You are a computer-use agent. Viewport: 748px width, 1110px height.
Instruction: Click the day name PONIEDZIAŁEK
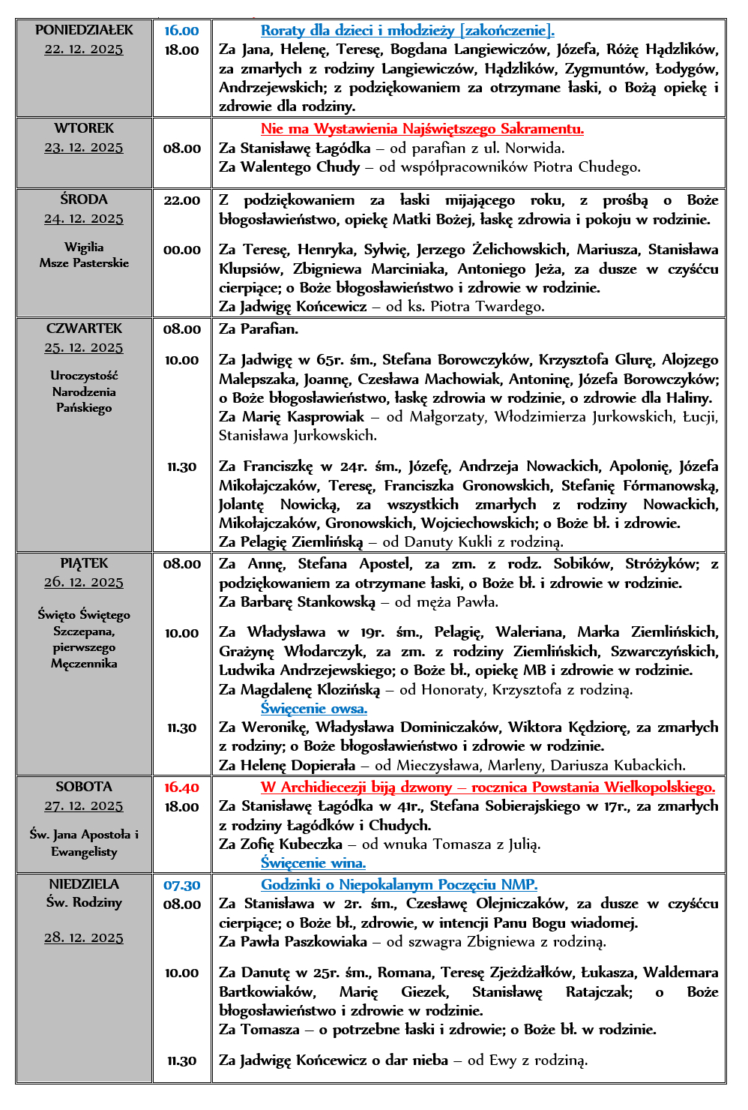point(84,30)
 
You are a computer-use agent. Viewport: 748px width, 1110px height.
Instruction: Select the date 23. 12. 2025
point(84,148)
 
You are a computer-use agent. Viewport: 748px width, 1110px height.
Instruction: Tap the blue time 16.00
point(181,31)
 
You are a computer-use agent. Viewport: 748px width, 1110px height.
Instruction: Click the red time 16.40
point(181,787)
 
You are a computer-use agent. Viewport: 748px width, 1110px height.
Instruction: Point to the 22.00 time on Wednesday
point(181,200)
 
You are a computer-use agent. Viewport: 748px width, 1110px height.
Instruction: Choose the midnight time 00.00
point(181,250)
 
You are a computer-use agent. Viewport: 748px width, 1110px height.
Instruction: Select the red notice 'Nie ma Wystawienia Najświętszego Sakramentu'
point(422,129)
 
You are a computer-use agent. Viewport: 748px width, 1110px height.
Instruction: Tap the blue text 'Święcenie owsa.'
point(314,709)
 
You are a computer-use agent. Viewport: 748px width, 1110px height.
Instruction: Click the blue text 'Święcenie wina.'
point(313,863)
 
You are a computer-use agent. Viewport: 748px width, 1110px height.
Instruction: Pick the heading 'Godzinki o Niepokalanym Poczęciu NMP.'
point(399,885)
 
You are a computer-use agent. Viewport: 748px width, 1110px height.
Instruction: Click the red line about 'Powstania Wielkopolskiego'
point(487,787)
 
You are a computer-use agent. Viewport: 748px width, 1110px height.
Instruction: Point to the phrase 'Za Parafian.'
point(259,329)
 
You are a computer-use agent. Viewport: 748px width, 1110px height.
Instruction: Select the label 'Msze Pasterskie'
point(84,263)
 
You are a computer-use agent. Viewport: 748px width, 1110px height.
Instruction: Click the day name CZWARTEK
point(84,328)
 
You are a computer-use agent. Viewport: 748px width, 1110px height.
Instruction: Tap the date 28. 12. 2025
point(84,937)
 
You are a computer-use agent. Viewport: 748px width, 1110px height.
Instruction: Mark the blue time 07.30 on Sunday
point(181,886)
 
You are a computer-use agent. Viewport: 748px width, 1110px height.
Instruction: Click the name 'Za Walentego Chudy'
point(289,167)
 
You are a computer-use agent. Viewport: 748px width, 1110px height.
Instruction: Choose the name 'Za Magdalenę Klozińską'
point(300,690)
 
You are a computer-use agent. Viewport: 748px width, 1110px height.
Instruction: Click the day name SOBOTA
point(84,787)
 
